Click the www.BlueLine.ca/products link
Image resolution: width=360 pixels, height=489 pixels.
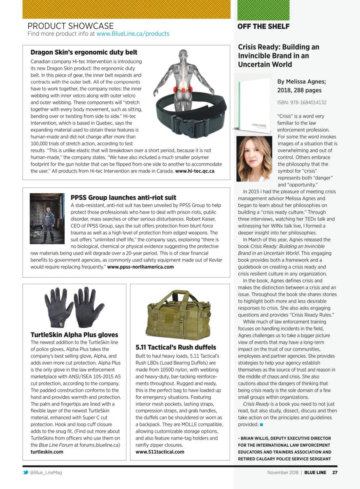click(133, 34)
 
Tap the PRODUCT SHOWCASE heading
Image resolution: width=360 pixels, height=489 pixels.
click(70, 26)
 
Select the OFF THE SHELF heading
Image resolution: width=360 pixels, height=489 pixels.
click(263, 26)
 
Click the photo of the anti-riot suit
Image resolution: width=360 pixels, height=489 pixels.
click(47, 218)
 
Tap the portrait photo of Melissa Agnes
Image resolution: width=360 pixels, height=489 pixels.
click(254, 159)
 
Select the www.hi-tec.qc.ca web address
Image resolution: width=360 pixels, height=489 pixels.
click(195, 171)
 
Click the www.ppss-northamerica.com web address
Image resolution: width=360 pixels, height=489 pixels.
click(140, 267)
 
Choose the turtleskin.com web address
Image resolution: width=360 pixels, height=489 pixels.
click(47, 452)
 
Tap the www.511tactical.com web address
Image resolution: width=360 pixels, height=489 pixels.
click(160, 452)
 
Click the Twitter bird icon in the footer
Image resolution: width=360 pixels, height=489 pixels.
click(25, 473)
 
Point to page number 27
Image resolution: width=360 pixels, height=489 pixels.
click(335, 473)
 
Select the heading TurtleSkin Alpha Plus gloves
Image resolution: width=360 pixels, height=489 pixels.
click(74, 335)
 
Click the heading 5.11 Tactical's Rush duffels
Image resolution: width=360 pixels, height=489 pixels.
click(176, 347)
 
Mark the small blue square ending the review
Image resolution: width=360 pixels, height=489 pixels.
click(262, 425)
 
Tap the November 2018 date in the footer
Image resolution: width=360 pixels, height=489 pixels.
click(283, 473)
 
